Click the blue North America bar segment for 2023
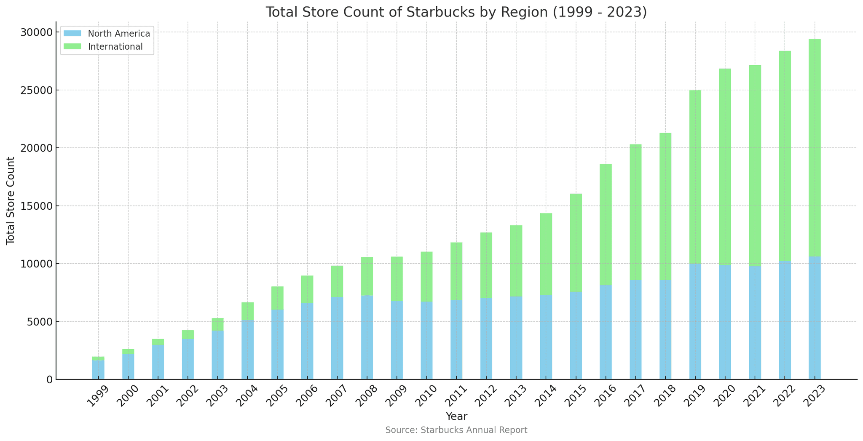click(x=814, y=318)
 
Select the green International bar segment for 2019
click(x=695, y=177)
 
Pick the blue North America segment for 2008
click(x=367, y=337)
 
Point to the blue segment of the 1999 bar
click(x=98, y=370)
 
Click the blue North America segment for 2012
click(x=486, y=339)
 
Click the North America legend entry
click(x=118, y=34)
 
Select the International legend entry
click(x=115, y=47)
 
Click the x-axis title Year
click(x=456, y=417)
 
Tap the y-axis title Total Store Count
click(x=11, y=200)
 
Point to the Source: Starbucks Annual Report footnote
click(x=456, y=430)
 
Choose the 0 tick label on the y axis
click(x=49, y=380)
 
